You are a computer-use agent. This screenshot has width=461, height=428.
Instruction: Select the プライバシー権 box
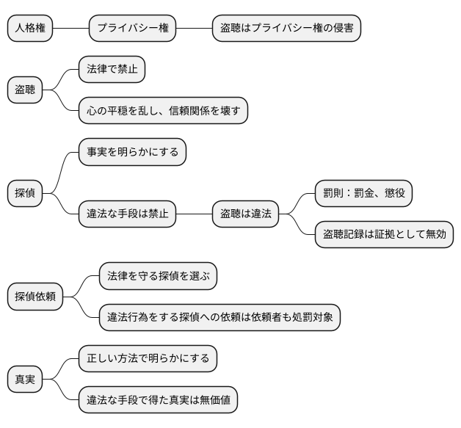133,29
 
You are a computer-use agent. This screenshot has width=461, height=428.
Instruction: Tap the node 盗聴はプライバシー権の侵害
286,29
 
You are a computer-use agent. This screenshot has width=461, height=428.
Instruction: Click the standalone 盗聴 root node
25,90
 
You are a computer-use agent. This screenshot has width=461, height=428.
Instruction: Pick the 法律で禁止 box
112,70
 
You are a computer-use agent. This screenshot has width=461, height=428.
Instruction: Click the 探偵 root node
25,194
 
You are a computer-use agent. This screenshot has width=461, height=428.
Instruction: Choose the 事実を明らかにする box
132,152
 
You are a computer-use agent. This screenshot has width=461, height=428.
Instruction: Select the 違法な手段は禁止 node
128,214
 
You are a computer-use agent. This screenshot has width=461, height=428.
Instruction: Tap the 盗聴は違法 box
246,214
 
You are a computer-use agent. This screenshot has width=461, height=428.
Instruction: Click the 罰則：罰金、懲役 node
363,194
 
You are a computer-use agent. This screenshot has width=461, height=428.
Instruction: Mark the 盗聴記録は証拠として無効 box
384,235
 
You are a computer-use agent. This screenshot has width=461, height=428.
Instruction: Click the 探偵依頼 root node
35,297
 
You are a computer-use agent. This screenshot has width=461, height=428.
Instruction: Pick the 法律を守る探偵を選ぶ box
158,276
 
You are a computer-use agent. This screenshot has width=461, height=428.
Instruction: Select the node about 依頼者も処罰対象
219,317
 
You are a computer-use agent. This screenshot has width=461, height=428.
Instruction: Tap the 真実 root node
25,380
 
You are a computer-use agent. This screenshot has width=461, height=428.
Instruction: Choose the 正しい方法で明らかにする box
148,359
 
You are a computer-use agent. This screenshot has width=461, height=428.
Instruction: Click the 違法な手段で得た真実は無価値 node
158,400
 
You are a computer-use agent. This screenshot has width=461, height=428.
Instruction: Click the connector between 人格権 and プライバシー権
70,29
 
